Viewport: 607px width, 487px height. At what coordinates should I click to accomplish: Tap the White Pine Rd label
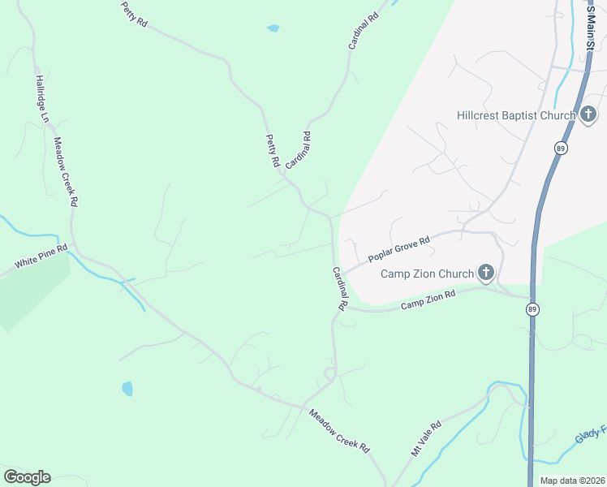click(38, 258)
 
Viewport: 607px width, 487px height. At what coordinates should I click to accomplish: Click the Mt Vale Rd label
click(425, 438)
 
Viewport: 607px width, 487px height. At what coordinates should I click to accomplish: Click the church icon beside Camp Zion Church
click(485, 273)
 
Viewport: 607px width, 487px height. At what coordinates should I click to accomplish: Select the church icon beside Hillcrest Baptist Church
click(588, 115)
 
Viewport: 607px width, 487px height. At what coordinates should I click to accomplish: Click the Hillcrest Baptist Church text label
click(516, 116)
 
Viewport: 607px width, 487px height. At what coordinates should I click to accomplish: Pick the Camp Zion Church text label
click(428, 274)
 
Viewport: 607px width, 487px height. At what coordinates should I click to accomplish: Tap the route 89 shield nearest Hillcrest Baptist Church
click(560, 148)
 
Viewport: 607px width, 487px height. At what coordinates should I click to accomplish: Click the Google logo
click(27, 477)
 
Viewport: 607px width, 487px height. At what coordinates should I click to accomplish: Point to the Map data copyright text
click(572, 481)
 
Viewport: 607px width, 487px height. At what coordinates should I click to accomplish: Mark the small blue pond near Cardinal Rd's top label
click(273, 28)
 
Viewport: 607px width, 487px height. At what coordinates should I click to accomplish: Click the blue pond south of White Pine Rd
click(127, 388)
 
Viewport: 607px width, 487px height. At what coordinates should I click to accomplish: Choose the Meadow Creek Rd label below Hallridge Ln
click(65, 171)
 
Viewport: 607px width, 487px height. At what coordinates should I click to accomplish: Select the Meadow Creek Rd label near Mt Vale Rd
click(338, 430)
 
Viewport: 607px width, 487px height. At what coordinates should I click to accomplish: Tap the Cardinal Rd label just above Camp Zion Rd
click(339, 288)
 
